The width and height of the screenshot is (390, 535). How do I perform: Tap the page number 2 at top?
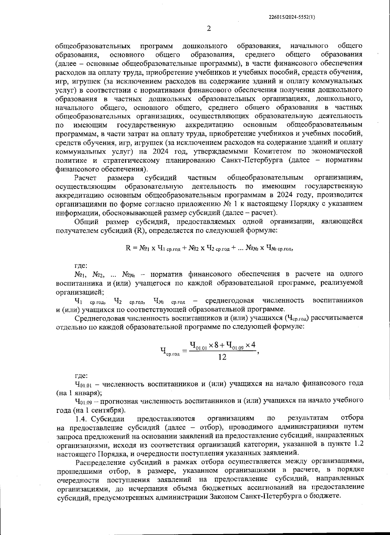(x=209, y=28)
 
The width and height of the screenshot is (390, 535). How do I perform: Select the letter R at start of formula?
(x=128, y=248)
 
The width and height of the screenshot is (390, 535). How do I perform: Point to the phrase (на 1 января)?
(x=79, y=393)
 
